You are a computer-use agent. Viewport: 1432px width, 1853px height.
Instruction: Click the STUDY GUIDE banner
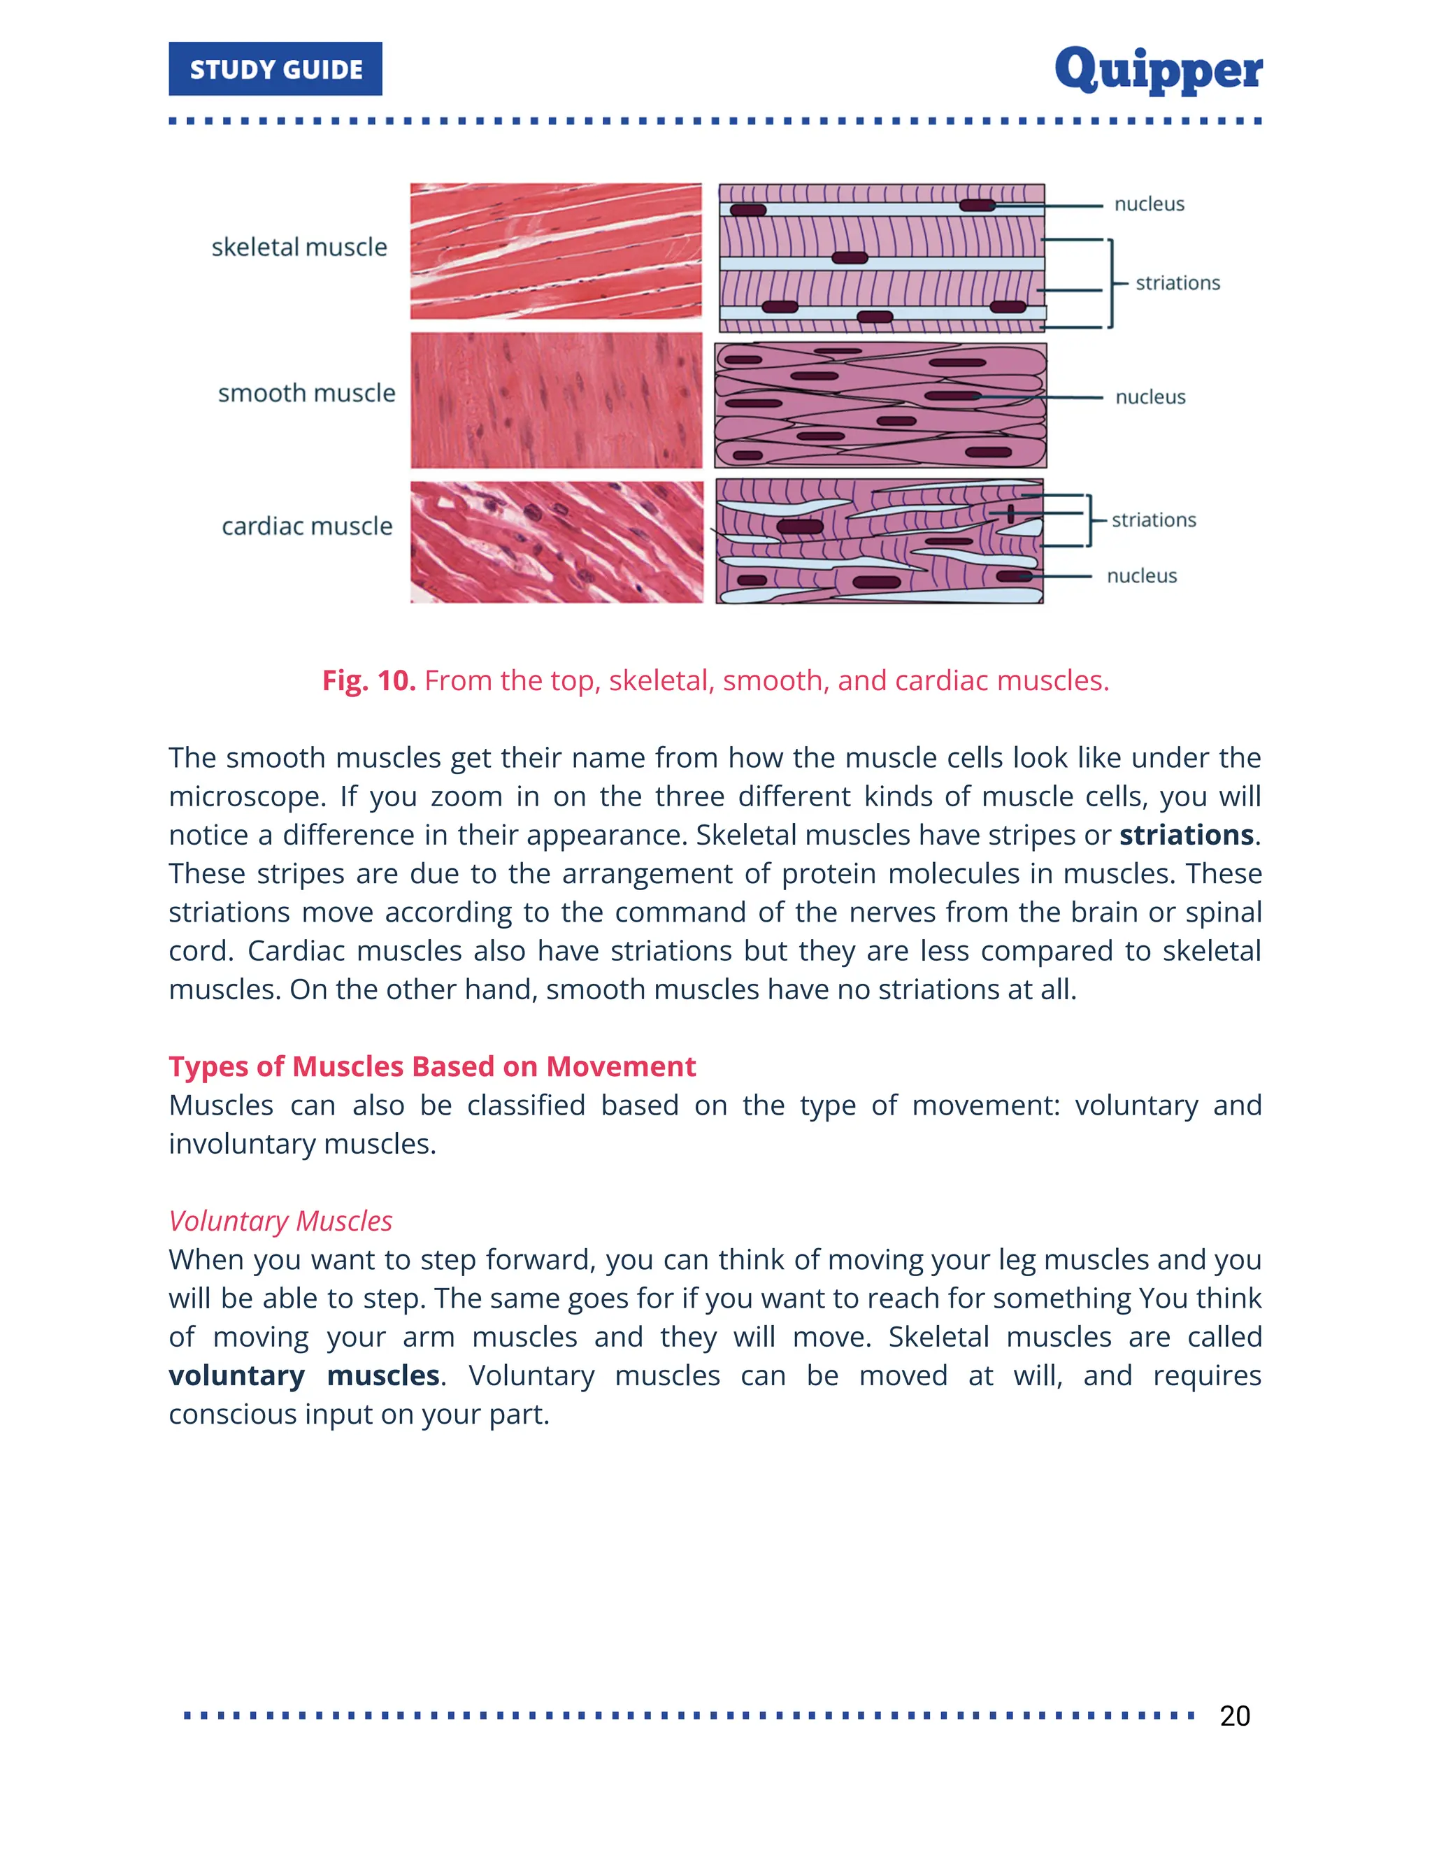(275, 69)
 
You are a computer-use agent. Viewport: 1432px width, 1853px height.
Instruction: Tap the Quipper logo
(1158, 69)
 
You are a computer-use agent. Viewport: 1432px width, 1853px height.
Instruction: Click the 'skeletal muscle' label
(299, 247)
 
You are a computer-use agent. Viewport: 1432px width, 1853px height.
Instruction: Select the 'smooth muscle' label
(306, 393)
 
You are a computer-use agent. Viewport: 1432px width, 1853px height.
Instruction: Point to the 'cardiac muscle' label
(307, 526)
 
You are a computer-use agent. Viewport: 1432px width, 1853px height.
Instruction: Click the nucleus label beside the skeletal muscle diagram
(1149, 203)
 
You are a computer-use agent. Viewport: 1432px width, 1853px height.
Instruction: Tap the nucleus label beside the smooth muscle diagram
(1150, 397)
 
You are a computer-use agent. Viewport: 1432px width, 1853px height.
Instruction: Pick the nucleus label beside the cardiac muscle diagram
(1141, 576)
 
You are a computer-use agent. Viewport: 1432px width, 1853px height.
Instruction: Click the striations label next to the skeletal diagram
(1177, 282)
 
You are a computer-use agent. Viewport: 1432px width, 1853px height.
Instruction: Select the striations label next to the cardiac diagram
(1154, 520)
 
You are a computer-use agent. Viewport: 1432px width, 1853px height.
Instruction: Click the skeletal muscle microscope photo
(556, 251)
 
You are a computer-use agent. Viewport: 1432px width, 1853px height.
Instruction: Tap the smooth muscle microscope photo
(556, 399)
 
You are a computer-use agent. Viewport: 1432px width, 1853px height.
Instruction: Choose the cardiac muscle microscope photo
(556, 542)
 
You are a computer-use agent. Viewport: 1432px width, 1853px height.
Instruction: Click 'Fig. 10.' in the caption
(368, 680)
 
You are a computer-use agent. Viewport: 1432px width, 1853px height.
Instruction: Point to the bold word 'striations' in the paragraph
(1186, 835)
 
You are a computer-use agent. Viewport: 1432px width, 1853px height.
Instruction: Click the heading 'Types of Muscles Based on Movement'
(432, 1066)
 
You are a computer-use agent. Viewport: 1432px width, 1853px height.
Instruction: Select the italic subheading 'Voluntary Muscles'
(280, 1221)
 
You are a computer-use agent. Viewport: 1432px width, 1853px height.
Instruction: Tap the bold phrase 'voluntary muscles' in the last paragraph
(303, 1375)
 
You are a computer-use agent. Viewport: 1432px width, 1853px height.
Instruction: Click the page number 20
(1234, 1715)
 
